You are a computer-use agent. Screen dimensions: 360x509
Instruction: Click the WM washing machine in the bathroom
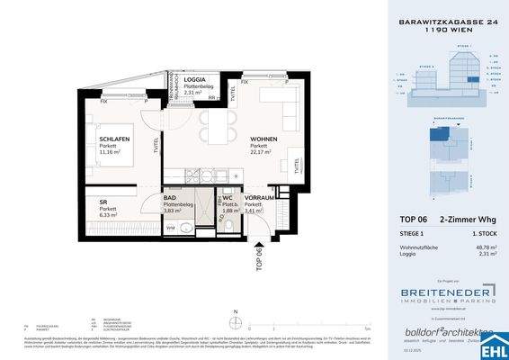pos(172,228)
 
